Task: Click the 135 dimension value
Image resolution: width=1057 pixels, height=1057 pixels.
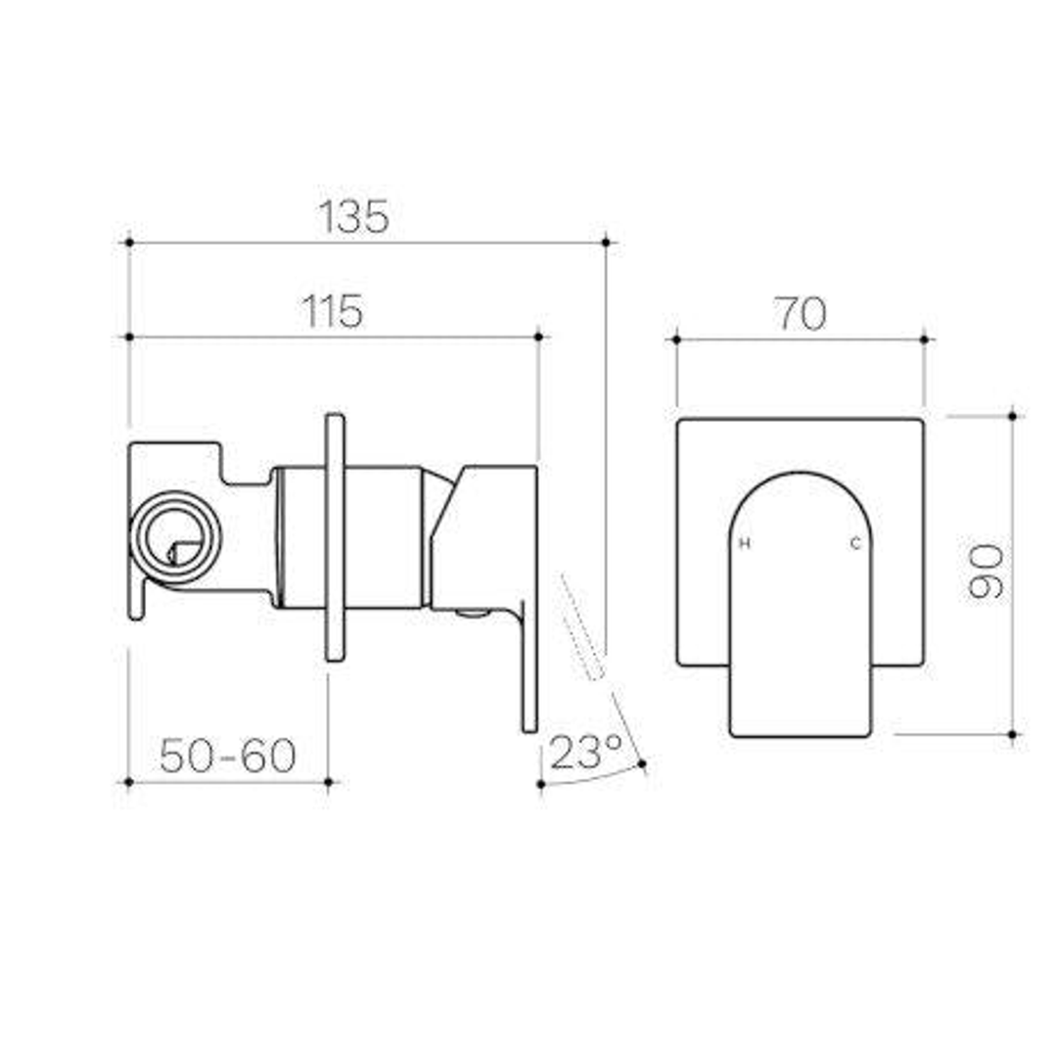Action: [353, 217]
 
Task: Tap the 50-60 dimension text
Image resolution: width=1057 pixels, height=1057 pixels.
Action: [228, 756]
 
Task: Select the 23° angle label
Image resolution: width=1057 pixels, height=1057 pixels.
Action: [584, 752]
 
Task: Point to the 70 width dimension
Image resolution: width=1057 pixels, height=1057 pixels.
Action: [801, 313]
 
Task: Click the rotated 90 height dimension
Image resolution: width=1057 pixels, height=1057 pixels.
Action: [986, 573]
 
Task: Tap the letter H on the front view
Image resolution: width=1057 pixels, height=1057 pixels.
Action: [744, 544]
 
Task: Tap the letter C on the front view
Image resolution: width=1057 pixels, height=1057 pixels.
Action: [854, 544]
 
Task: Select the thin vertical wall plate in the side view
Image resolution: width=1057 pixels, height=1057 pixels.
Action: [335, 537]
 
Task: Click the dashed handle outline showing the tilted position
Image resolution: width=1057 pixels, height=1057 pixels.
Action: [582, 627]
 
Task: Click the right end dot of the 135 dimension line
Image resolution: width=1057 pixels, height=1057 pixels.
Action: [606, 241]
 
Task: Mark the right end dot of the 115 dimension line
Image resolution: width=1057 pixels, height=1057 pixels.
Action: [538, 337]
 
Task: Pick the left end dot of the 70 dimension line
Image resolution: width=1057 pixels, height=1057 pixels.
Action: [676, 339]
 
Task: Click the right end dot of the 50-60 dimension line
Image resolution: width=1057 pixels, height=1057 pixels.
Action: [329, 782]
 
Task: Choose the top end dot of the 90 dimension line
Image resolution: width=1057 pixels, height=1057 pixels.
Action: [1012, 416]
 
